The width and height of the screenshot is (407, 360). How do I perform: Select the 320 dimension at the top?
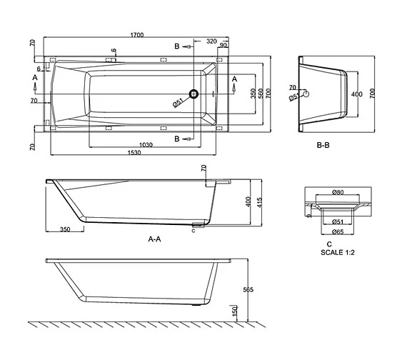211,42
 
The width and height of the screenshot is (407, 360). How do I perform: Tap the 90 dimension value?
223,46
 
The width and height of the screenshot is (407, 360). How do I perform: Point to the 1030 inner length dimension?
146,145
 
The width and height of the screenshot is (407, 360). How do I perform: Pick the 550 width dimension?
261,94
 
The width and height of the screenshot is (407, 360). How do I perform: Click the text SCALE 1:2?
338,251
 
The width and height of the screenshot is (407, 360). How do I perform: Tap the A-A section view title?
155,239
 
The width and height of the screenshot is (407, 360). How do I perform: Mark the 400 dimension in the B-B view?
357,94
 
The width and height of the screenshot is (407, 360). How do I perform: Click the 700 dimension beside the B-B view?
373,94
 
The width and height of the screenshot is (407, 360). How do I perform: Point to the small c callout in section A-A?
194,231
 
